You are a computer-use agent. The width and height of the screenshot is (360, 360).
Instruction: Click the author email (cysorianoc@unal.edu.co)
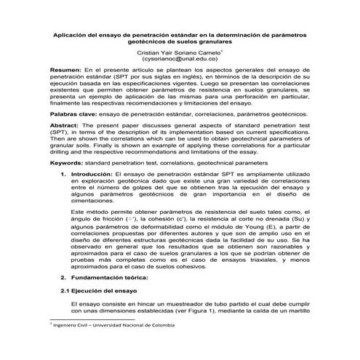click(180, 63)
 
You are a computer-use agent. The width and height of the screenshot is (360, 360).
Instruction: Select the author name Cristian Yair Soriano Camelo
click(178, 54)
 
